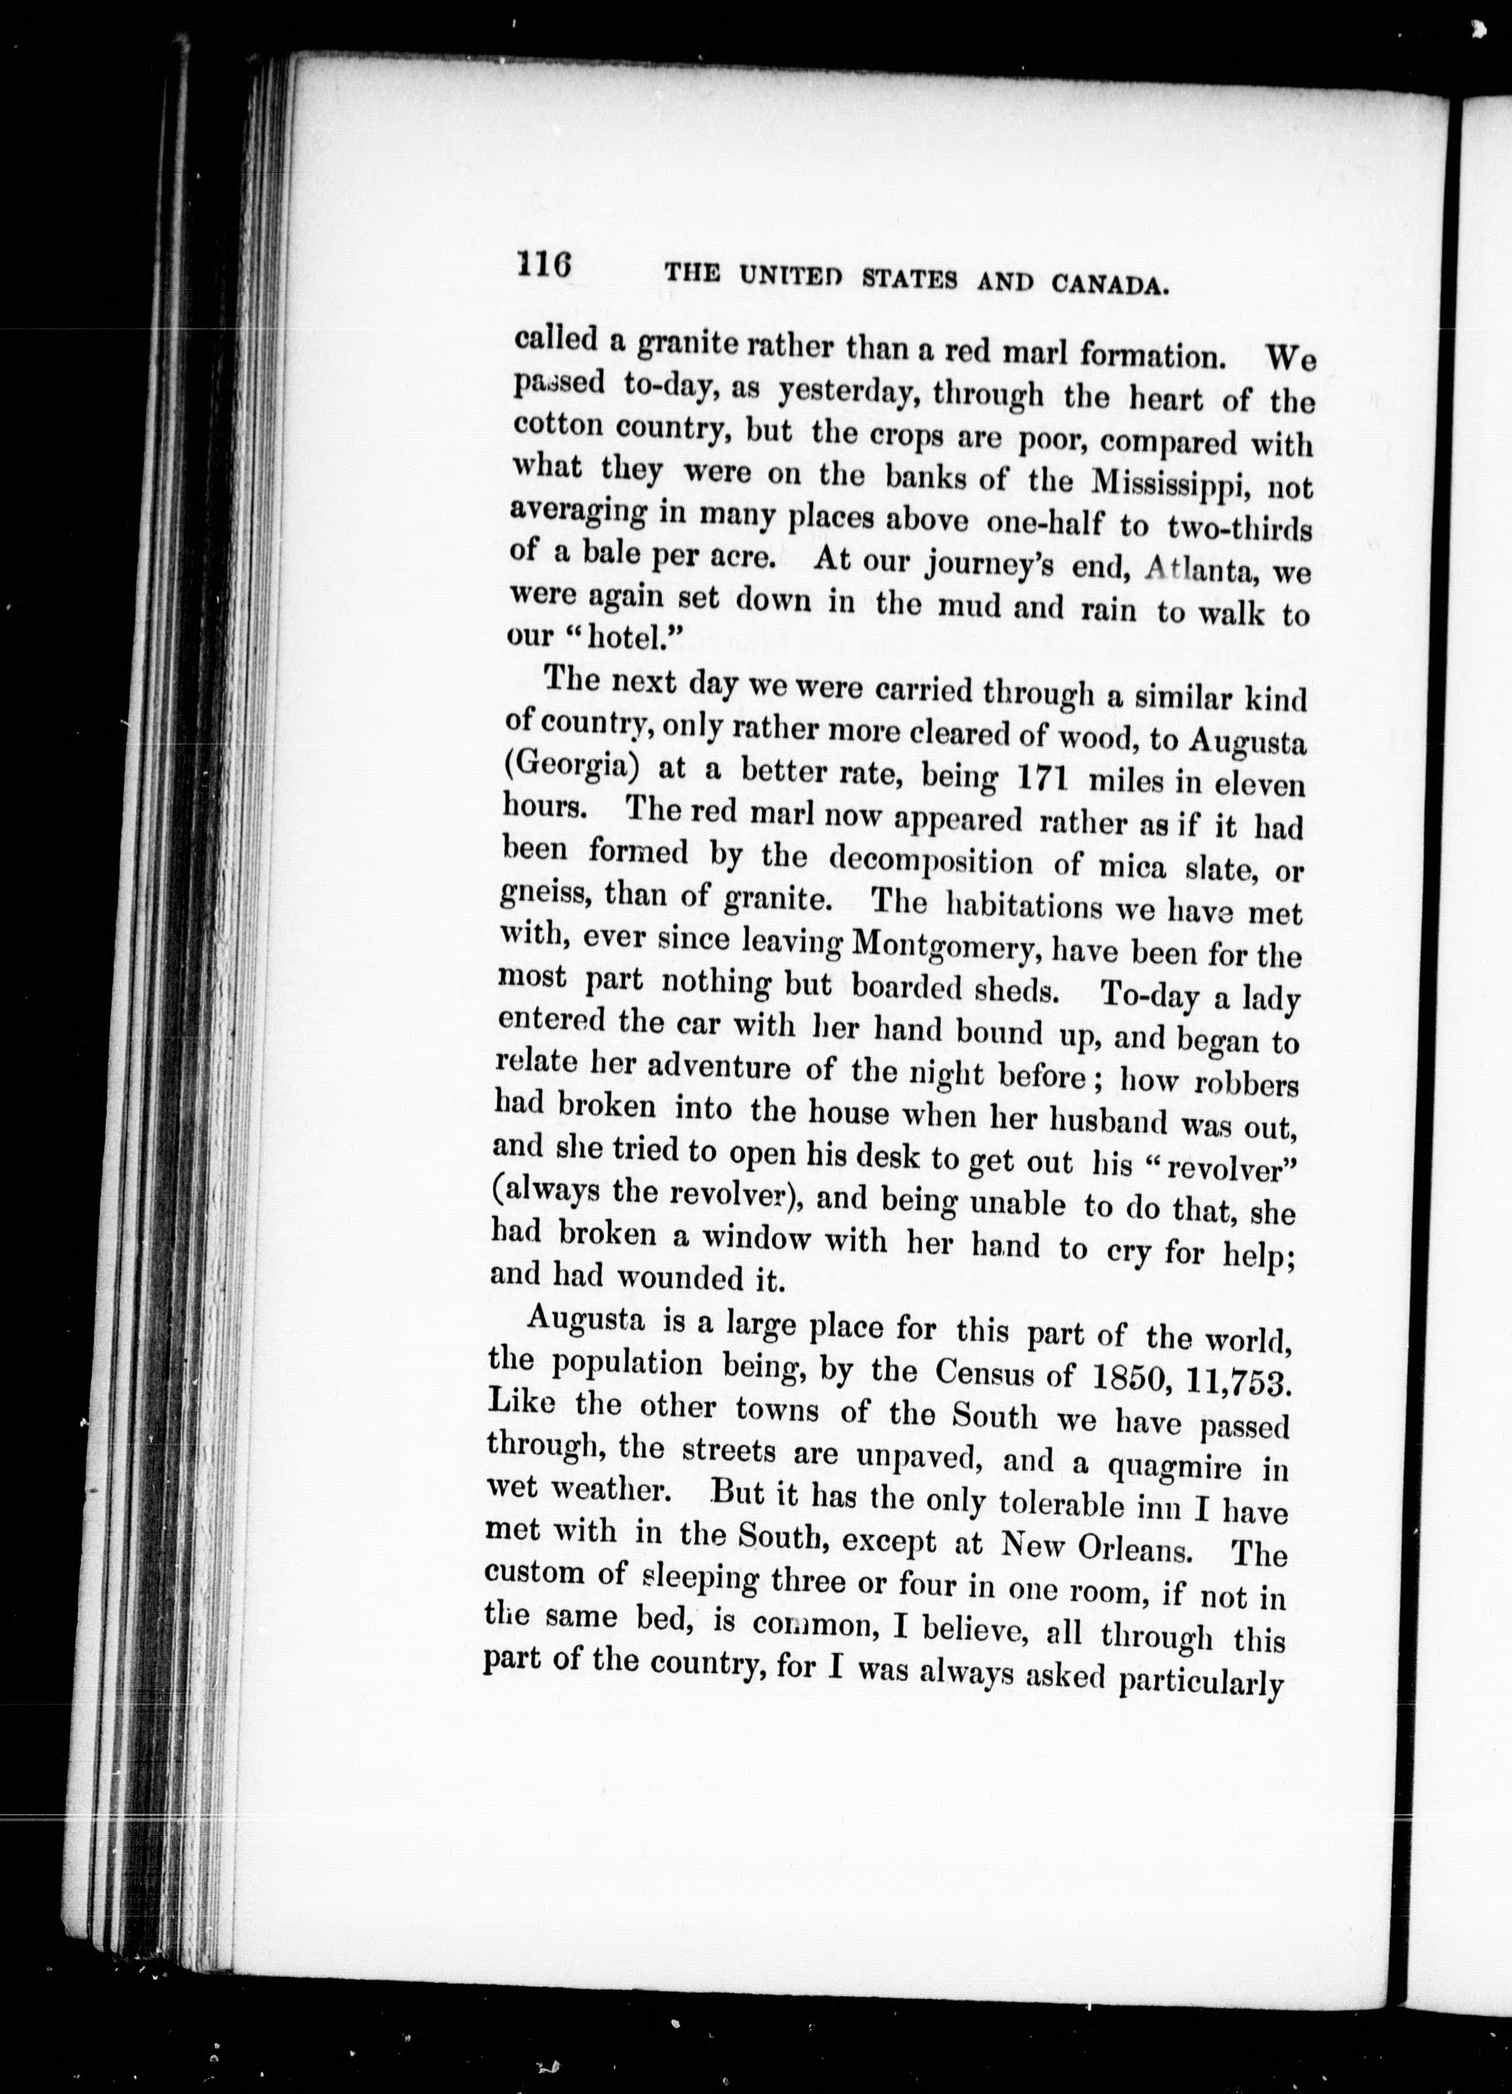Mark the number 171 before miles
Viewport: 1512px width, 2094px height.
pos(1041,779)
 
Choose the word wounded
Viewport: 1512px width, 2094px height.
pos(681,1277)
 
